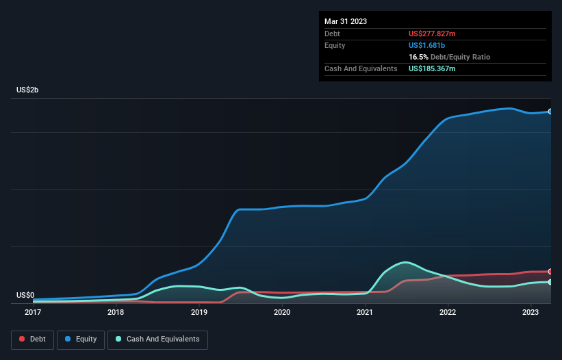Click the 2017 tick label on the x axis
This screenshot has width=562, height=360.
pos(32,313)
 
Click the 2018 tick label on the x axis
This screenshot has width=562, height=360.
pos(116,313)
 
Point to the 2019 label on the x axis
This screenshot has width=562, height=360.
pos(199,313)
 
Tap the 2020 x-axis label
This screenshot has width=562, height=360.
pos(281,313)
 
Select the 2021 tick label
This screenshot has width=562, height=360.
pos(365,313)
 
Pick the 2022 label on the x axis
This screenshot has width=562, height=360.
pos(448,313)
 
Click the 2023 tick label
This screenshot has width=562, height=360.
pos(531,313)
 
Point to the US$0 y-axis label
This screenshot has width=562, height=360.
pos(25,295)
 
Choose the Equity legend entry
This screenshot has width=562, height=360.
pos(81,339)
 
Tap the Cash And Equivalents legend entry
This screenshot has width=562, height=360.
pos(157,339)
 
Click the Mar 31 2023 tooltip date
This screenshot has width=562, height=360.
pos(346,21)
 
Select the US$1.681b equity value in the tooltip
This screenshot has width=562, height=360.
pos(427,45)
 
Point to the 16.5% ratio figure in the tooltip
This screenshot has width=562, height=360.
pos(418,57)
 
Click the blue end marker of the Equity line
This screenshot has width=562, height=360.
pos(550,111)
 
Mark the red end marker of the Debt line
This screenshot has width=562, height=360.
pos(550,272)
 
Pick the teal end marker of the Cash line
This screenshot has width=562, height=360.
pos(550,282)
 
